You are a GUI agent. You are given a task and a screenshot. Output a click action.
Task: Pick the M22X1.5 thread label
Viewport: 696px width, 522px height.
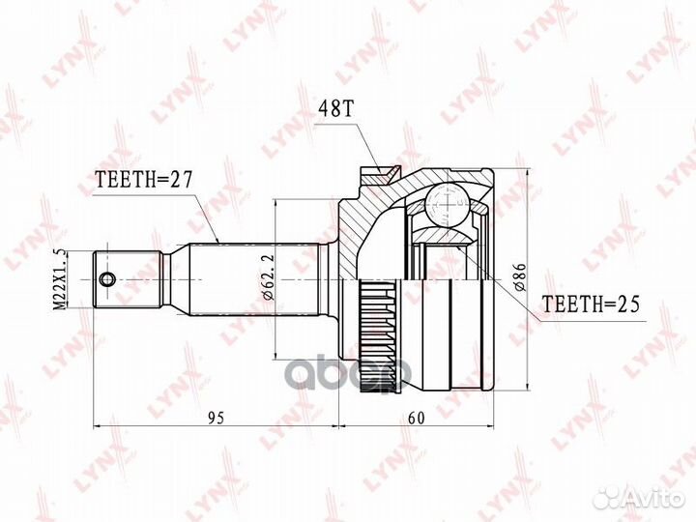click(x=61, y=279)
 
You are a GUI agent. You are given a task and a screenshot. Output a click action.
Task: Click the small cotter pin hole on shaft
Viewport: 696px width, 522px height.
click(x=106, y=279)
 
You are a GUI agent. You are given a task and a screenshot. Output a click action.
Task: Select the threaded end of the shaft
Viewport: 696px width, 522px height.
click(x=126, y=279)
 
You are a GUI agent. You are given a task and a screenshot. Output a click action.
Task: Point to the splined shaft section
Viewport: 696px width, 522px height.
click(x=232, y=279)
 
